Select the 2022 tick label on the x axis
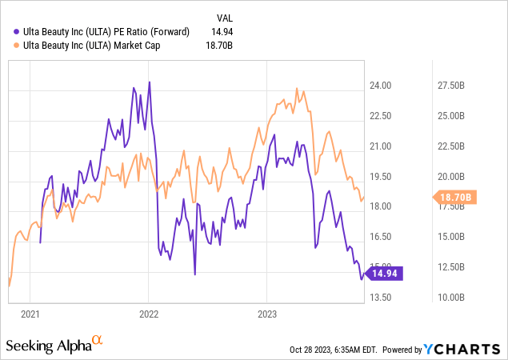click(x=150, y=314)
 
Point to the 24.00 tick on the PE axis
click(x=380, y=86)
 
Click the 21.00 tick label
click(x=380, y=146)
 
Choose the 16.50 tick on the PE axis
click(x=380, y=237)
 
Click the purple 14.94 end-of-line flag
click(x=388, y=273)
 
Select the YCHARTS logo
click(x=470, y=350)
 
